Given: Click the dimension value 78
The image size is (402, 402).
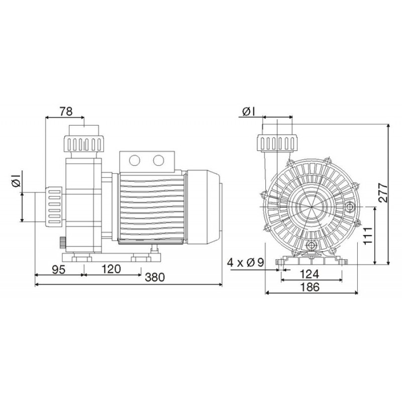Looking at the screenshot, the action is pyautogui.click(x=66, y=112).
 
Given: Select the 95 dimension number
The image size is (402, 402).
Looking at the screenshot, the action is pyautogui.click(x=59, y=269).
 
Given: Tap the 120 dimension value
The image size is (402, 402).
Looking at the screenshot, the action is pyautogui.click(x=111, y=269).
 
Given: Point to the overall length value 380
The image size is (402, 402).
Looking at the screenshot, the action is pyautogui.click(x=155, y=277).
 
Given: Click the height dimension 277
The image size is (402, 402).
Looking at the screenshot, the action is pyautogui.click(x=383, y=192).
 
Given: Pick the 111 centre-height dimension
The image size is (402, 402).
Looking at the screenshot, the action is pyautogui.click(x=368, y=236).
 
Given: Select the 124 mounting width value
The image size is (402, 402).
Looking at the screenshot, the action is pyautogui.click(x=310, y=274).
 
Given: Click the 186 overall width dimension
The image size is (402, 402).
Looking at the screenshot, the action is pyautogui.click(x=310, y=287).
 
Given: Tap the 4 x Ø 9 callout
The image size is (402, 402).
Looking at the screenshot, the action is pyautogui.click(x=246, y=262).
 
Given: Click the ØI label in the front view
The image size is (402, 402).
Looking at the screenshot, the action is pyautogui.click(x=248, y=112).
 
